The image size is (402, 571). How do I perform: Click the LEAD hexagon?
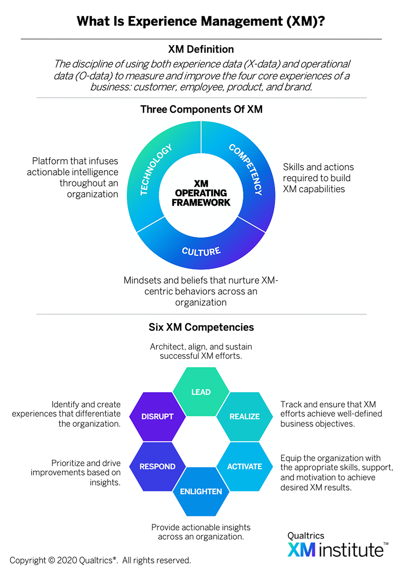click(x=201, y=392)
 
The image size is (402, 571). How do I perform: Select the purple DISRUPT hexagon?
click(x=157, y=416)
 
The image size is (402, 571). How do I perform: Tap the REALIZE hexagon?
click(x=244, y=416)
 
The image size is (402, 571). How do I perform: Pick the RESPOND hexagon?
click(x=157, y=466)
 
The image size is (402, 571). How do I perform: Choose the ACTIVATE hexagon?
click(x=244, y=466)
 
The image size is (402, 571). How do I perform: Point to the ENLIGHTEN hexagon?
click(x=201, y=491)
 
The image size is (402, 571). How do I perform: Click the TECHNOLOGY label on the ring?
click(x=156, y=169)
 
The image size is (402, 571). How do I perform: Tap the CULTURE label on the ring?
click(x=201, y=251)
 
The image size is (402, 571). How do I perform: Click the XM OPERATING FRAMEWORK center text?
click(x=201, y=193)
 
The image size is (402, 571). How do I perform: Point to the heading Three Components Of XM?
click(x=201, y=109)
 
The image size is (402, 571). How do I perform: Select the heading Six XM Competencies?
click(x=201, y=327)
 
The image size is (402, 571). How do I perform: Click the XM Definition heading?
click(x=201, y=49)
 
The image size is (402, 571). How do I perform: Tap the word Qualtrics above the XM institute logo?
click(x=306, y=536)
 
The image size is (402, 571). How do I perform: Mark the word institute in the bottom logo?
click(x=351, y=550)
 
